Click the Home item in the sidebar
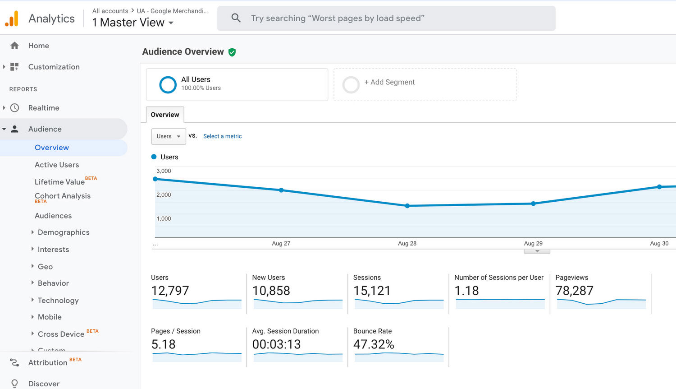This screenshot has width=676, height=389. point(38,46)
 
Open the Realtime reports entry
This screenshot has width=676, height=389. point(44,108)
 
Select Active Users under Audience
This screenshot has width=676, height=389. point(57,165)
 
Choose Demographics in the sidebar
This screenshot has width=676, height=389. point(64,232)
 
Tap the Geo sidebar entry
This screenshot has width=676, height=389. point(45,267)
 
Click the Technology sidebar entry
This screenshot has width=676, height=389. point(58,301)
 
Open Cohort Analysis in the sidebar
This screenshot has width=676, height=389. point(63,196)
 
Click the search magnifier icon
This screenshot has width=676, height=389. point(236,18)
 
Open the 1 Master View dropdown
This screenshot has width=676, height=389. point(132,23)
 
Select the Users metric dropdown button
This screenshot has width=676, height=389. point(168,136)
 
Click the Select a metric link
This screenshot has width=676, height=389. point(222,136)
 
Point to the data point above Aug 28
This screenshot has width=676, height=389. point(407,206)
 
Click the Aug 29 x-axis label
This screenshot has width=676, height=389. point(533,243)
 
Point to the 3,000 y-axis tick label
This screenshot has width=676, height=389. point(164,171)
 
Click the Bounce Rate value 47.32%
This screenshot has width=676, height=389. point(374,344)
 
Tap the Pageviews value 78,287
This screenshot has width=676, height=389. point(574,291)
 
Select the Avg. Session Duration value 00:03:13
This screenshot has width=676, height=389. point(276,344)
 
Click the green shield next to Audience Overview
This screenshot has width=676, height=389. point(232,52)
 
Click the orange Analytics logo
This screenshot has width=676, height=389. point(12,19)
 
